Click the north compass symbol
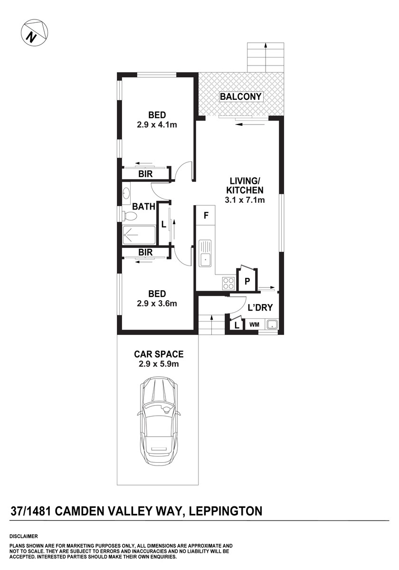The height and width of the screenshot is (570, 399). (34, 32)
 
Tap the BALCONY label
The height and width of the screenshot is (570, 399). (240, 97)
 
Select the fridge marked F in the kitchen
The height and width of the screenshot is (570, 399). (206, 216)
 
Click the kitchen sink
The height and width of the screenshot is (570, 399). (205, 253)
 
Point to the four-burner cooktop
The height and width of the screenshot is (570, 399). (228, 283)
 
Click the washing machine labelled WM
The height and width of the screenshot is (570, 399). (255, 325)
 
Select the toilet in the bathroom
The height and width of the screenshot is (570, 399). (129, 216)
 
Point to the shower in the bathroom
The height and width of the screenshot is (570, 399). (139, 236)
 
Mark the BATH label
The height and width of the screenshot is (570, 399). (144, 207)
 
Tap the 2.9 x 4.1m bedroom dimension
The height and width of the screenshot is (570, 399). (157, 124)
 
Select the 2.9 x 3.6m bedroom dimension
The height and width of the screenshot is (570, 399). (157, 304)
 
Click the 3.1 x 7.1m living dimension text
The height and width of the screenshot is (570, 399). (245, 200)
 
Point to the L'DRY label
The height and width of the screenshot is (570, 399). (260, 308)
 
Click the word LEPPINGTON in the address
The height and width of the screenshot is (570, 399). (226, 511)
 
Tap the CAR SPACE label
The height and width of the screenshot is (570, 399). (159, 354)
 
